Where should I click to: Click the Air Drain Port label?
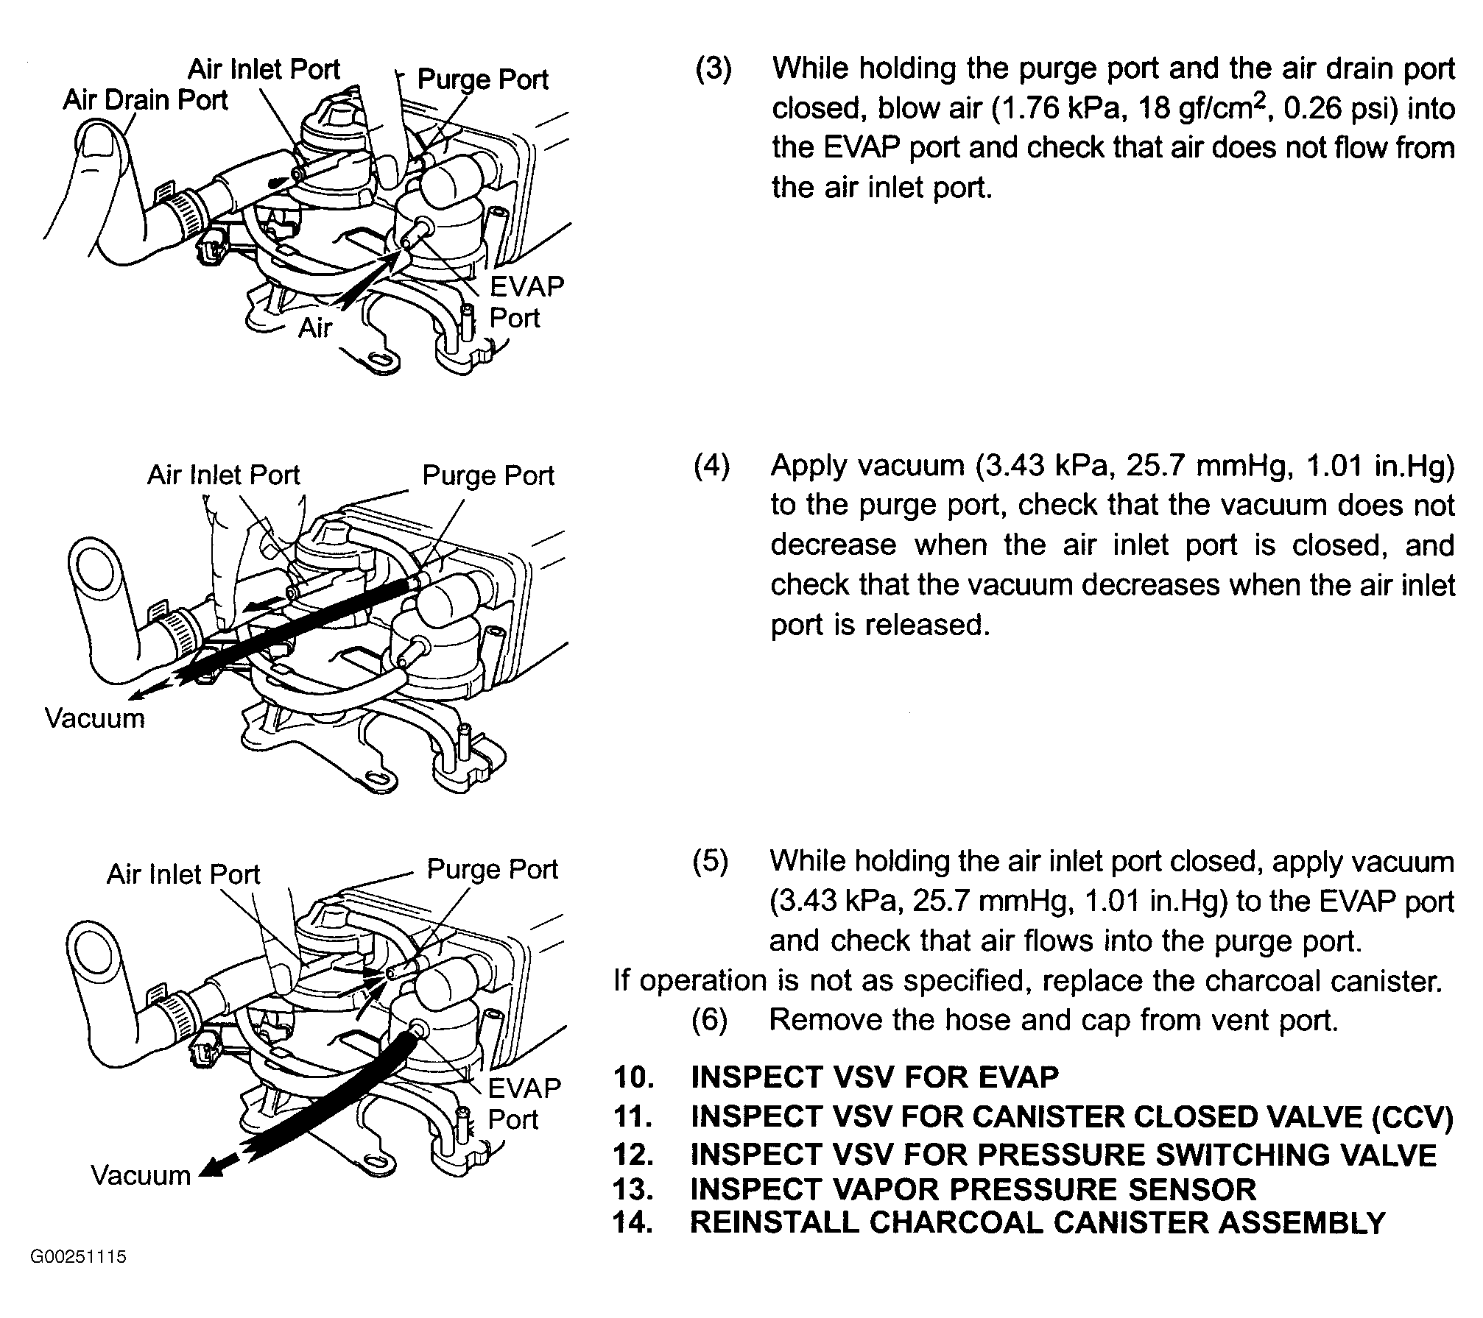145,100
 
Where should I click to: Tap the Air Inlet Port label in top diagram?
264,69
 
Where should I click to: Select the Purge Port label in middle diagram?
488,476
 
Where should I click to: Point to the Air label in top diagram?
315,327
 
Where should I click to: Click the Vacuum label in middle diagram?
95,718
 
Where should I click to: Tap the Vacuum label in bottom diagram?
141,1175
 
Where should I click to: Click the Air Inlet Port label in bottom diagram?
183,874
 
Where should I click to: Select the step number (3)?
714,68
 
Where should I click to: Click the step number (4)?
712,466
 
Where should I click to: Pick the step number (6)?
710,1020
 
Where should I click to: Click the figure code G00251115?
79,1256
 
